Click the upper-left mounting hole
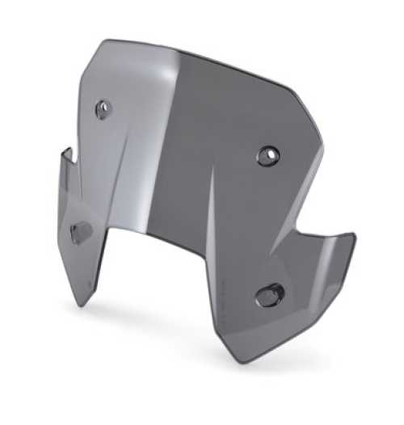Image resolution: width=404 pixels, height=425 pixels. click(103, 109)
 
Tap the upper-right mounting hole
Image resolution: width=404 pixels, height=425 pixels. click(267, 155)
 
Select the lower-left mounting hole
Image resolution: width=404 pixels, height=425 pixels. click(81, 233)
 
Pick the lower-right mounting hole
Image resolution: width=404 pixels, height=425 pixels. click(268, 295)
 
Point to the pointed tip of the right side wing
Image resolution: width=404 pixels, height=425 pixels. click(353, 236)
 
